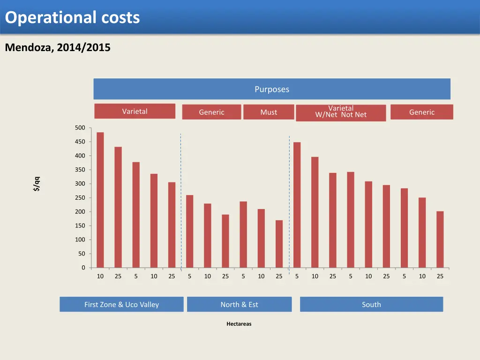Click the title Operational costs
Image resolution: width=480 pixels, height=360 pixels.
[x=73, y=17]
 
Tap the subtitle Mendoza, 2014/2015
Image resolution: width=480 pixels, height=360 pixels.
[x=58, y=47]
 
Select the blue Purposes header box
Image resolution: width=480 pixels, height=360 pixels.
[x=272, y=89]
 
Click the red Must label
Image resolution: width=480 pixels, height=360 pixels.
[x=269, y=112]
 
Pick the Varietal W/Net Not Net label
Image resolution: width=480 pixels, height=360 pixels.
[x=341, y=112]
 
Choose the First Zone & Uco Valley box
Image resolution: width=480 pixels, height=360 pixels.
[x=121, y=304]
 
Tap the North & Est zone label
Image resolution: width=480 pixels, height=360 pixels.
[x=239, y=304]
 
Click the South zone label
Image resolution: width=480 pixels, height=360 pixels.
[x=371, y=304]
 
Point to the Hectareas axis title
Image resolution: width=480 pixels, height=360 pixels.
[x=239, y=323]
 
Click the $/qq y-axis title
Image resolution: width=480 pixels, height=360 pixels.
[x=37, y=183]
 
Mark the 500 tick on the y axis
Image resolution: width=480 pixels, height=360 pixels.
[x=80, y=128]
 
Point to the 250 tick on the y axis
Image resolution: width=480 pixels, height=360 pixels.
[x=80, y=198]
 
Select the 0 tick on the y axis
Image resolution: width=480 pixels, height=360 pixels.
[x=83, y=268]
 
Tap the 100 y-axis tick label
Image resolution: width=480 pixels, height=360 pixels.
[x=80, y=240]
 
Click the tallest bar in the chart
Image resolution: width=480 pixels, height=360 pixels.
[x=100, y=200]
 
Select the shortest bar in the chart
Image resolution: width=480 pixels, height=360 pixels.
[x=279, y=244]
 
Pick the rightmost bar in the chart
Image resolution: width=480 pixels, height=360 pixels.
[x=440, y=240]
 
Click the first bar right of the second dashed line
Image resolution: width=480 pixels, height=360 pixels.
[x=297, y=205]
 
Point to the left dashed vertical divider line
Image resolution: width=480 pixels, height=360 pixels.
[x=180, y=202]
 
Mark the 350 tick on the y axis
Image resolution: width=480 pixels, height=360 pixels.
[x=80, y=170]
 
